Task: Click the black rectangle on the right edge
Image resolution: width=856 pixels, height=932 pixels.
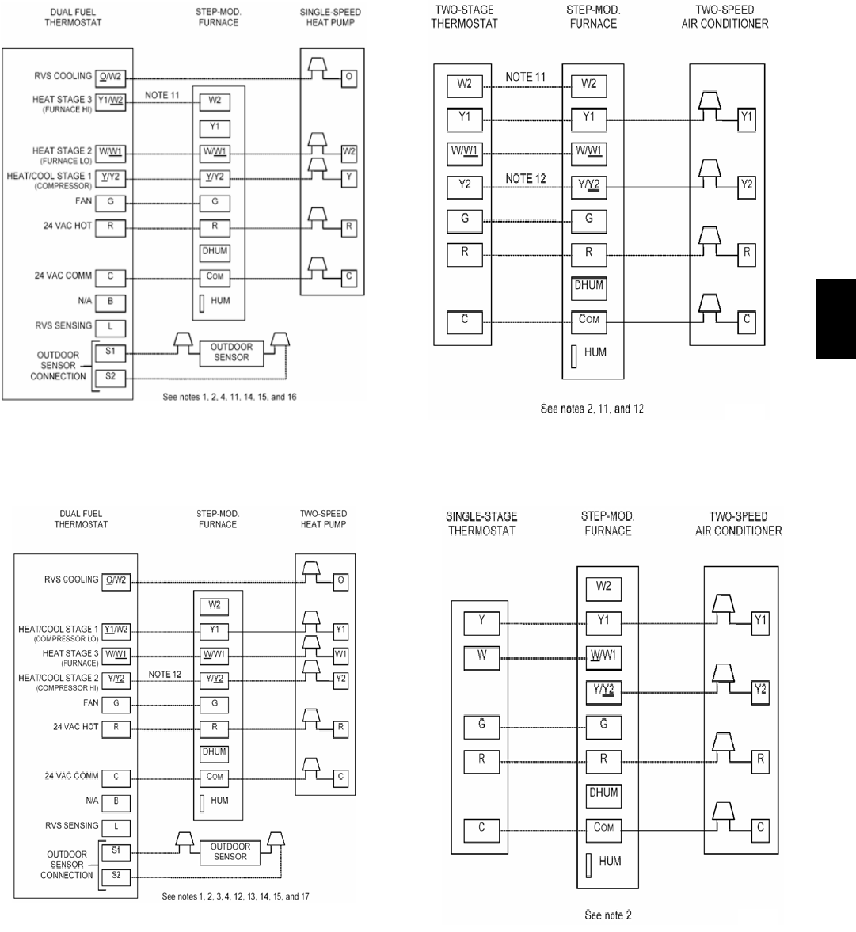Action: click(835, 318)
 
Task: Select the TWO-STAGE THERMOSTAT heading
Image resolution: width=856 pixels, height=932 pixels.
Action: click(464, 17)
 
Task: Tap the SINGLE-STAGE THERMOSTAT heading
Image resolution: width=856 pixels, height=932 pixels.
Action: click(481, 523)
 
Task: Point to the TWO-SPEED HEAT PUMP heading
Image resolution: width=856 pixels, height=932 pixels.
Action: click(323, 519)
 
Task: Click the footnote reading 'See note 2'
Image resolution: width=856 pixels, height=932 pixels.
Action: click(608, 915)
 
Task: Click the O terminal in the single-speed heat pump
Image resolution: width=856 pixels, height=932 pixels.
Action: click(348, 77)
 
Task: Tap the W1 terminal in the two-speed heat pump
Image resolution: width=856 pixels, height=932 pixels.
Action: click(340, 655)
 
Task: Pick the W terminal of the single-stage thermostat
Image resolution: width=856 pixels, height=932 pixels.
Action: click(481, 657)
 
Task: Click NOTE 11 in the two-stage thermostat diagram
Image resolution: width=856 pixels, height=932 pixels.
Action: click(525, 77)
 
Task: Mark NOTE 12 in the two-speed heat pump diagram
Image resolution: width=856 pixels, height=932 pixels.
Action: click(165, 674)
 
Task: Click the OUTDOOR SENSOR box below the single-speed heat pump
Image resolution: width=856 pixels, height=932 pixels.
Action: click(231, 352)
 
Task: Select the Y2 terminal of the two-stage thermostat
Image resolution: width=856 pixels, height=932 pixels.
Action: click(464, 186)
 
